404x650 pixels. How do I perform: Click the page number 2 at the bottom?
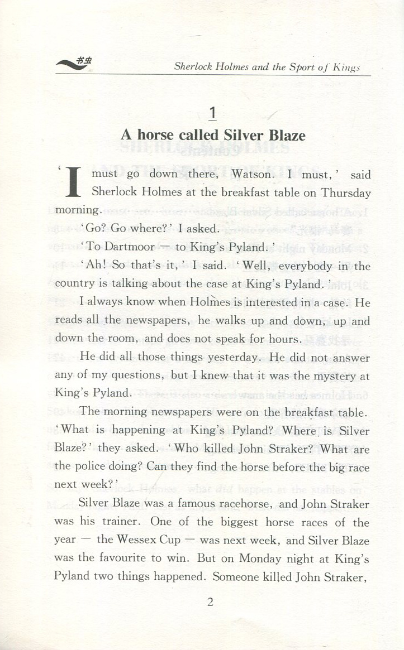(x=211, y=602)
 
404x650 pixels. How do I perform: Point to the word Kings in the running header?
(x=346, y=68)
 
